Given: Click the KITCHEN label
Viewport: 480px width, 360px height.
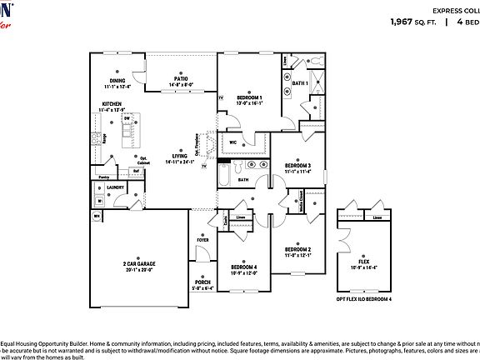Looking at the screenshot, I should point(112,104).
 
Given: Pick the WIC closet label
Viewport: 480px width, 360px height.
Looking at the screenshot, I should point(233,142).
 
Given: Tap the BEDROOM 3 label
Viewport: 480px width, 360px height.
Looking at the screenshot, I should point(297,166).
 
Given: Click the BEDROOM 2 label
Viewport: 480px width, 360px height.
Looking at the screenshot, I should point(297,249).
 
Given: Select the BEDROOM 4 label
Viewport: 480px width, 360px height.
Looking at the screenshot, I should point(244,267).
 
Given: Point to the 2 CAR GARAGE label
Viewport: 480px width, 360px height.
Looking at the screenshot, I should point(140,264).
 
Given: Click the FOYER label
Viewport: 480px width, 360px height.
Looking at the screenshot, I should point(202,240).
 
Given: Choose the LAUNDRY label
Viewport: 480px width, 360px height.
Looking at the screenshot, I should point(115,187).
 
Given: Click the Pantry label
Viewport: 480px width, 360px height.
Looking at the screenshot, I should point(103,177).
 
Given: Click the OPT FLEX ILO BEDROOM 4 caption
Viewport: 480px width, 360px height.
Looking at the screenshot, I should point(363,298).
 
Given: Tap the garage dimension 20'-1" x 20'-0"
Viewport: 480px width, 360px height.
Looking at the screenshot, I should point(140,270).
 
